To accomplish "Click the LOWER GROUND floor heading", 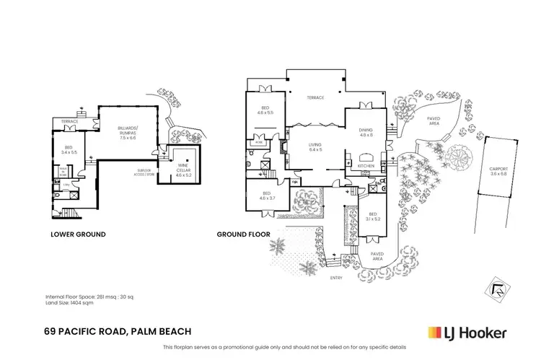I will pyautogui.click(x=78, y=234).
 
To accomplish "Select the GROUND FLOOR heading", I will pyautogui.click(x=243, y=234).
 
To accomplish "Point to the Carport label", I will pyautogui.click(x=497, y=171).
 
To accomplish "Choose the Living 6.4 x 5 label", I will pyautogui.click(x=315, y=147).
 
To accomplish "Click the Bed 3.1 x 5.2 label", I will pyautogui.click(x=372, y=216).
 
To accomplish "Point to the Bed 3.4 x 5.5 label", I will pyautogui.click(x=69, y=152).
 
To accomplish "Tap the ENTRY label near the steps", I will pyautogui.click(x=336, y=276).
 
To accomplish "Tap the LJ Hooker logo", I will pyautogui.click(x=467, y=333).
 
